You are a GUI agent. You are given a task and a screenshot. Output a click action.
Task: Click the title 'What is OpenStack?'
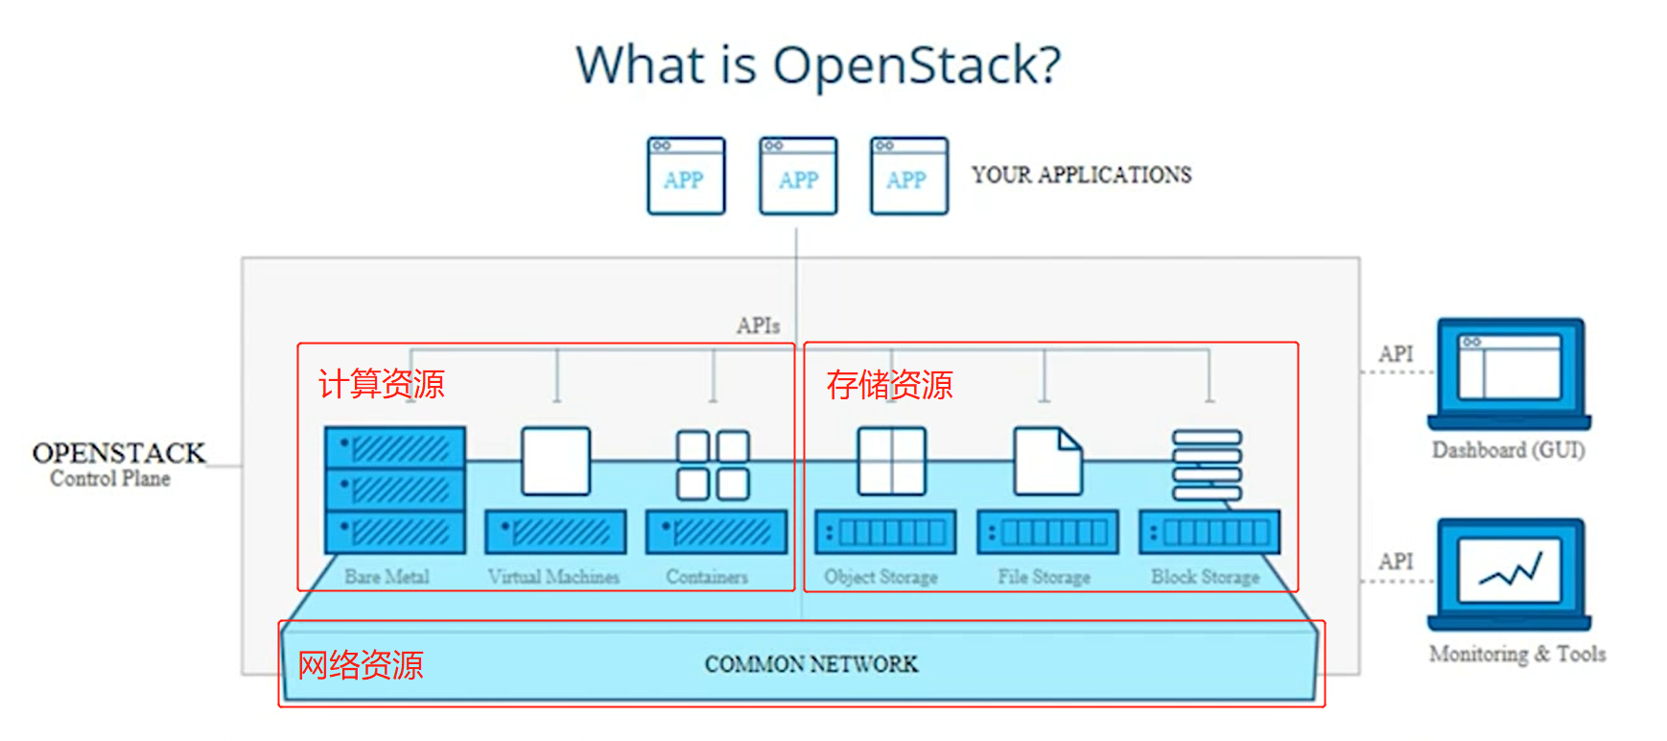tap(818, 65)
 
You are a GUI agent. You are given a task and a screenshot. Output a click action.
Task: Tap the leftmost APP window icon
tap(686, 176)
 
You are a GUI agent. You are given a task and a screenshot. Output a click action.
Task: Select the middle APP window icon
tap(798, 176)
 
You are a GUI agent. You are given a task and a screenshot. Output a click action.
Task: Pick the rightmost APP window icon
tap(908, 176)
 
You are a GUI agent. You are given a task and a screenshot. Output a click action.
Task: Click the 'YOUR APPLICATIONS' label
tap(1081, 175)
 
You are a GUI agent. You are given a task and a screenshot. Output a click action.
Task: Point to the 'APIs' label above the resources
tap(758, 326)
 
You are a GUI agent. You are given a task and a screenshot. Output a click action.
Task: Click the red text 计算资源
tap(382, 384)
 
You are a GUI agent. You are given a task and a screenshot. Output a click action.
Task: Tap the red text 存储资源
tap(889, 385)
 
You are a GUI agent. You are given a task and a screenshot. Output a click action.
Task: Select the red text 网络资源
tap(361, 664)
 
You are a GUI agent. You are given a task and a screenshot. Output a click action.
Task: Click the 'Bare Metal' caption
tap(387, 577)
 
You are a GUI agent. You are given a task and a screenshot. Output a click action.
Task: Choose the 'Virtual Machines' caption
tap(553, 577)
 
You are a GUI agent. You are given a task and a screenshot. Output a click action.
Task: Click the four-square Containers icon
tap(713, 465)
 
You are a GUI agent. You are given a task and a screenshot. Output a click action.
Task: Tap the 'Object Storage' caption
tap(880, 577)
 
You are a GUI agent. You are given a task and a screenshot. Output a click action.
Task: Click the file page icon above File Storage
tap(1047, 462)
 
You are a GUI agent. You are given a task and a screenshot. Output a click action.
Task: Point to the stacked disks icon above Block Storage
tap(1207, 466)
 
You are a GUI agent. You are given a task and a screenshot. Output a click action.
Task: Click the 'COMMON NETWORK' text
tap(810, 664)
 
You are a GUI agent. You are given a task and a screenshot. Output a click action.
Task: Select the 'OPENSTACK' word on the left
tap(119, 453)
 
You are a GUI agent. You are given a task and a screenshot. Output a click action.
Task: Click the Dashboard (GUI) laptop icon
tap(1509, 374)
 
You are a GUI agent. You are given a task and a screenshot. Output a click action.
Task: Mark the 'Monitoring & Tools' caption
tap(1516, 654)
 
